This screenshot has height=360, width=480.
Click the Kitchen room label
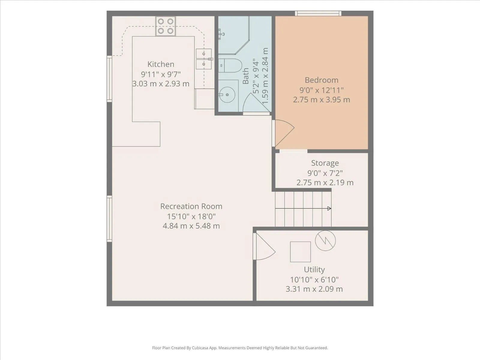(161, 64)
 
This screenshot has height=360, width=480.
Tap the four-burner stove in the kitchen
(166, 26)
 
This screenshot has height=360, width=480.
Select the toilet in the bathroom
(230, 65)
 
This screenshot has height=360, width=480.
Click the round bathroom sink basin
(227, 94)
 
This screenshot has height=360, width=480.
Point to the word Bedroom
(322, 80)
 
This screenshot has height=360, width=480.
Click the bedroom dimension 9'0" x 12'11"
(322, 90)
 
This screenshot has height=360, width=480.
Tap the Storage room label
(325, 163)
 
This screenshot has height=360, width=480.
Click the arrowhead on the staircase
(329, 208)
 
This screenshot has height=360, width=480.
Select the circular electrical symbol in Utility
(325, 241)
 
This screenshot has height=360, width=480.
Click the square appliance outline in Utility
(300, 252)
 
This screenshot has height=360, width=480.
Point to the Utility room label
(314, 269)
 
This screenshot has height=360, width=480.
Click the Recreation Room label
(191, 206)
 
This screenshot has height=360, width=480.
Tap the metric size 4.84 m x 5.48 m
(191, 226)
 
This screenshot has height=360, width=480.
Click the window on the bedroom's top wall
(318, 13)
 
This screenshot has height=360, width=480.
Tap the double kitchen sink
(204, 59)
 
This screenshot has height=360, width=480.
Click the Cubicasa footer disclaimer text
(240, 348)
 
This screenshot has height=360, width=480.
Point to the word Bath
(246, 76)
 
